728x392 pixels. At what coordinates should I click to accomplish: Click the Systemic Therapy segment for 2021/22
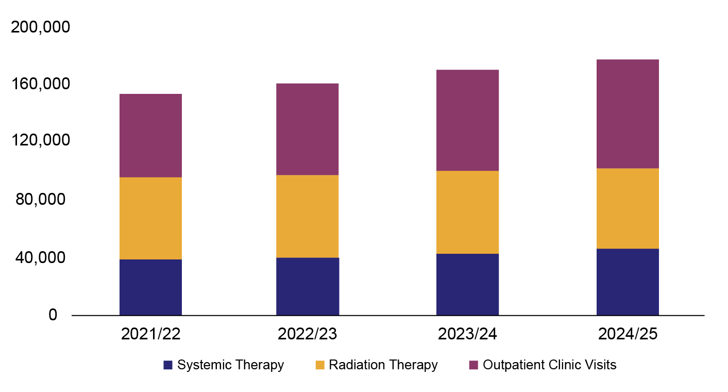pyautogui.click(x=150, y=287)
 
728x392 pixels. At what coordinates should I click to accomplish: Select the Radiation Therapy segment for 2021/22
pyautogui.click(x=150, y=218)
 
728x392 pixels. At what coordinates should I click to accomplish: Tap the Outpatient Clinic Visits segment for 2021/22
pyautogui.click(x=150, y=135)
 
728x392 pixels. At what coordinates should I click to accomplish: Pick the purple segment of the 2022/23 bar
pyautogui.click(x=307, y=129)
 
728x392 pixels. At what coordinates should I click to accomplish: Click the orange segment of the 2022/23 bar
pyautogui.click(x=307, y=216)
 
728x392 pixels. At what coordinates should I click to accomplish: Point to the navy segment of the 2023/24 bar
pyautogui.click(x=467, y=284)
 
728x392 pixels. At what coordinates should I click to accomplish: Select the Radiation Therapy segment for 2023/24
pyautogui.click(x=467, y=212)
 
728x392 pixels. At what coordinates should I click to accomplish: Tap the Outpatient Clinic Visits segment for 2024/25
pyautogui.click(x=628, y=113)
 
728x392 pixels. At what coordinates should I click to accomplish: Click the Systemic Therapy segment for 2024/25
pyautogui.click(x=628, y=282)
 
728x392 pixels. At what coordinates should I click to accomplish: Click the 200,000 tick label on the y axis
pyautogui.click(x=40, y=27)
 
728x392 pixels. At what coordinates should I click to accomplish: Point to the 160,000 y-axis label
pyautogui.click(x=40, y=84)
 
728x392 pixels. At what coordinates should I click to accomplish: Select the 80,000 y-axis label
pyautogui.click(x=44, y=199)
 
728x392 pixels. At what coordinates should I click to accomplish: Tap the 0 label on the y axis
pyautogui.click(x=53, y=315)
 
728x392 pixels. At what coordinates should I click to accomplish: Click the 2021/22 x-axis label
pyautogui.click(x=150, y=334)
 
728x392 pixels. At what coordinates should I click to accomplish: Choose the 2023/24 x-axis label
pyautogui.click(x=467, y=334)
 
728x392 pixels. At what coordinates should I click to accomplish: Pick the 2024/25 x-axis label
pyautogui.click(x=628, y=334)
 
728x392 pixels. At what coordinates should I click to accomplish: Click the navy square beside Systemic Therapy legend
pyautogui.click(x=167, y=365)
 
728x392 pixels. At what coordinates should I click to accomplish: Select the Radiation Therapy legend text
pyautogui.click(x=383, y=365)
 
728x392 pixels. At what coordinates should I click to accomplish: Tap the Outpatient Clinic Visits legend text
pyautogui.click(x=549, y=365)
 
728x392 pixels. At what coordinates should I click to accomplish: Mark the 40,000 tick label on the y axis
pyautogui.click(x=44, y=257)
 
